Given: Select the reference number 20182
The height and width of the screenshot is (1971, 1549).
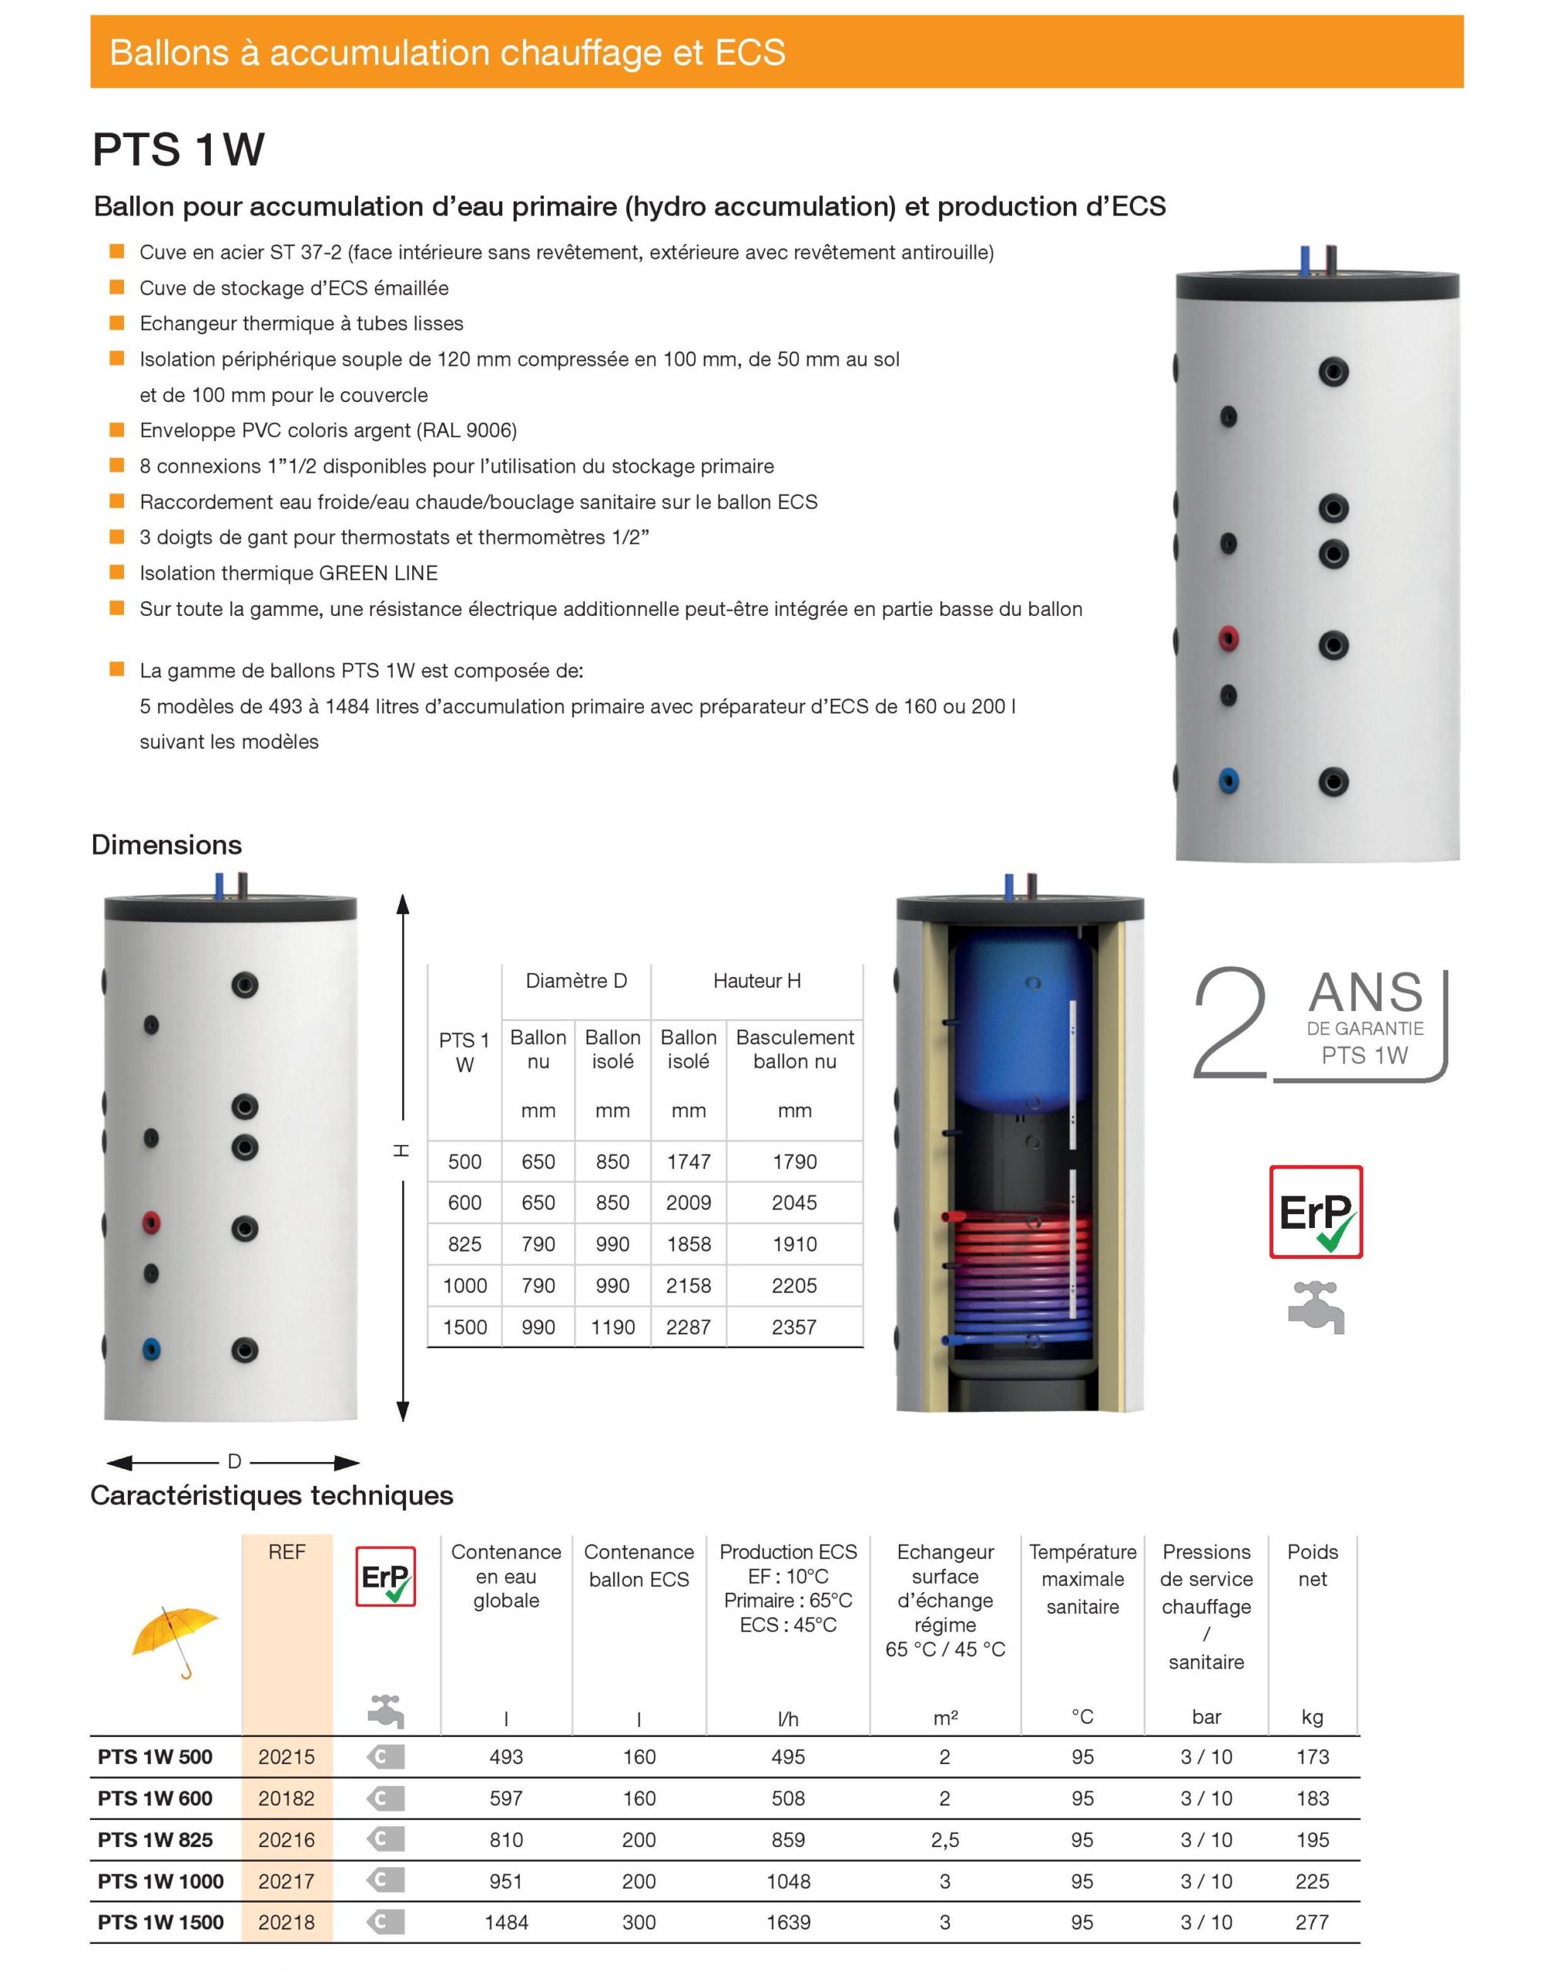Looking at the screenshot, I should (287, 1798).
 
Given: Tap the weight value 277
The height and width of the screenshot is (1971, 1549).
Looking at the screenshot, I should (1313, 1922).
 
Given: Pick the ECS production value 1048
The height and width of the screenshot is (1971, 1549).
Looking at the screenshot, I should (787, 1881).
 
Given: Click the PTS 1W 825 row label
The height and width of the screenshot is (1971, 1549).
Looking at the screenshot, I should (155, 1839).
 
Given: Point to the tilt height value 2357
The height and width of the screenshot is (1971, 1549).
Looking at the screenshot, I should (794, 1327).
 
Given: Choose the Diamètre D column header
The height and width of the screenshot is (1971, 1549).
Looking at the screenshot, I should (576, 981).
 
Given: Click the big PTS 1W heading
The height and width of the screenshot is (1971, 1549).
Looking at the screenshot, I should (179, 149).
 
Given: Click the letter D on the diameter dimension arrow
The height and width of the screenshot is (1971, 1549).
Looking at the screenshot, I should (234, 1461).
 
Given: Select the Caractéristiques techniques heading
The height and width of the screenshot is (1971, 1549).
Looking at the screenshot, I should (272, 1495).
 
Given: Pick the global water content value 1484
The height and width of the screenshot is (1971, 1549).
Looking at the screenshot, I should (506, 1922).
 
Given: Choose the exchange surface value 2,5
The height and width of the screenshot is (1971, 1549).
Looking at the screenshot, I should (945, 1839).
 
